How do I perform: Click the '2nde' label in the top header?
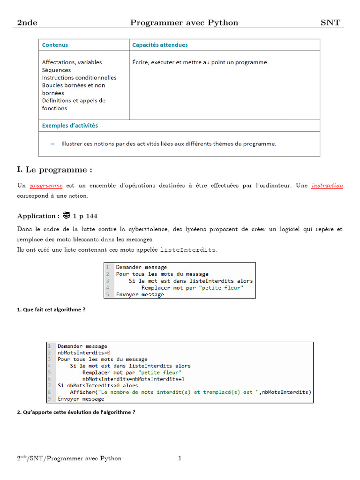coord(27,22)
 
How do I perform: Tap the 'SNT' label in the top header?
coord(330,22)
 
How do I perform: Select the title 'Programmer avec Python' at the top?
coord(184,22)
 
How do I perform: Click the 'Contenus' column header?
coord(55,45)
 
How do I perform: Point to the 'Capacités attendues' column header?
coord(160,45)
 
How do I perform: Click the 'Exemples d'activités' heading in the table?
coord(70,126)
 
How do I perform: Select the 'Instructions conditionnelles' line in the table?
coord(79,77)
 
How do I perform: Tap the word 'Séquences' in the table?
coord(56,70)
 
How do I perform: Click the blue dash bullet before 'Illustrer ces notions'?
coord(52,143)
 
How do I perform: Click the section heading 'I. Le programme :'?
coord(55,170)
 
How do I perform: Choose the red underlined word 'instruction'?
coord(327,186)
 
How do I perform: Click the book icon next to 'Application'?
coord(66,216)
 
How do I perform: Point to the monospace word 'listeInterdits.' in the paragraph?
coord(189,250)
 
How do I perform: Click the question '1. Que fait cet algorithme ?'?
coord(51,310)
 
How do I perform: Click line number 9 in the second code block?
coord(49,399)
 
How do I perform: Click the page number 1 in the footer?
coord(180,458)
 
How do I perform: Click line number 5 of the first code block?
coord(107,295)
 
